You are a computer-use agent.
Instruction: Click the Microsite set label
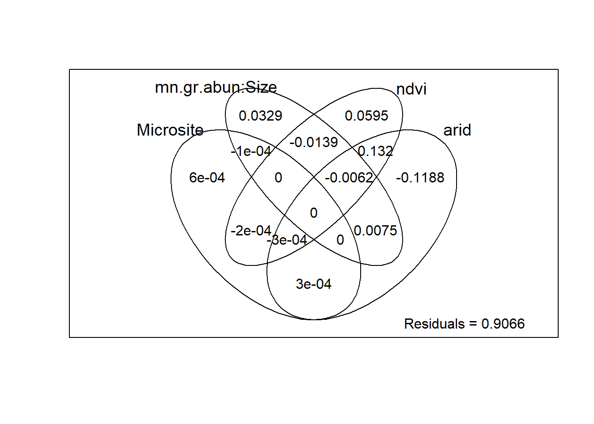pos(170,130)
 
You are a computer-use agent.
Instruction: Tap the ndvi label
pos(411,89)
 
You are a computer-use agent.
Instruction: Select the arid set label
pos(457,130)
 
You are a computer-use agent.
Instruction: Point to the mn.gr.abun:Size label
pos(216,88)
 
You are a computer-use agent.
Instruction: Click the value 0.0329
pos(260,116)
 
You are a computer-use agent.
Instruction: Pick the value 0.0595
pos(366,116)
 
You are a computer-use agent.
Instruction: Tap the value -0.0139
pos(314,142)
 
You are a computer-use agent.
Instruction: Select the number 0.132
pos(375,151)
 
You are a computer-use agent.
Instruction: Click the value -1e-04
pos(251,151)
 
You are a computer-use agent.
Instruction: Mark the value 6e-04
pos(207,178)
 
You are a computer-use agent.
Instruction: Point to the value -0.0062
pos(349,178)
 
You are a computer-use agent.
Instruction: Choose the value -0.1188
pos(420,178)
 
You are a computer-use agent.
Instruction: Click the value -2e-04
pos(251,231)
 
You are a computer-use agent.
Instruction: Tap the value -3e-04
pos(287,240)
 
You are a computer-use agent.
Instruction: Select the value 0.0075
pos(375,231)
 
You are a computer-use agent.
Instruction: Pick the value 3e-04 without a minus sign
pos(314,284)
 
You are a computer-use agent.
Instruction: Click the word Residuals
pos(434,324)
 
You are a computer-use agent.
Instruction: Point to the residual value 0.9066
pos(503,324)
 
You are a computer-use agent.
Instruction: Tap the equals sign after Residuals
pos(473,324)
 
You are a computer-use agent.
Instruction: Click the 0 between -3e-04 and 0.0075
pos(340,240)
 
